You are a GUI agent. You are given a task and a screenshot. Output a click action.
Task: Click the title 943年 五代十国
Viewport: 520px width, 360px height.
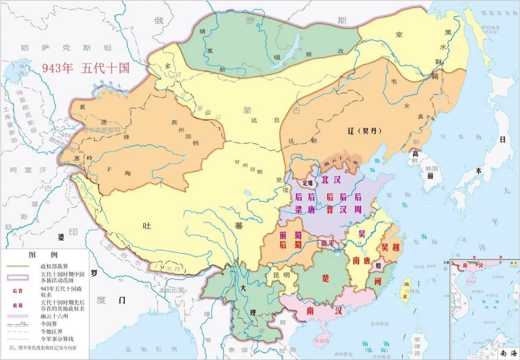pos(86,68)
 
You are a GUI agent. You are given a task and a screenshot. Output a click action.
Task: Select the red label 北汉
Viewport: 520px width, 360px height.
pos(331,180)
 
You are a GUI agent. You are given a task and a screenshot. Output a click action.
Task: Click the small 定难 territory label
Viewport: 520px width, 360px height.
pos(308,183)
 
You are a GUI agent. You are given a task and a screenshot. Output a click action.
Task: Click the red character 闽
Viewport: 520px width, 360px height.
pos(377,281)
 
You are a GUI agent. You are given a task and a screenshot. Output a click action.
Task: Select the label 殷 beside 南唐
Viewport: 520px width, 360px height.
pos(379,266)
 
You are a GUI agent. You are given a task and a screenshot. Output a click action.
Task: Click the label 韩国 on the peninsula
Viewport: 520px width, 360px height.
pos(431,168)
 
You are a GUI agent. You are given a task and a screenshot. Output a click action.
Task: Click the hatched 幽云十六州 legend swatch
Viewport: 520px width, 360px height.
pos(17,315)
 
